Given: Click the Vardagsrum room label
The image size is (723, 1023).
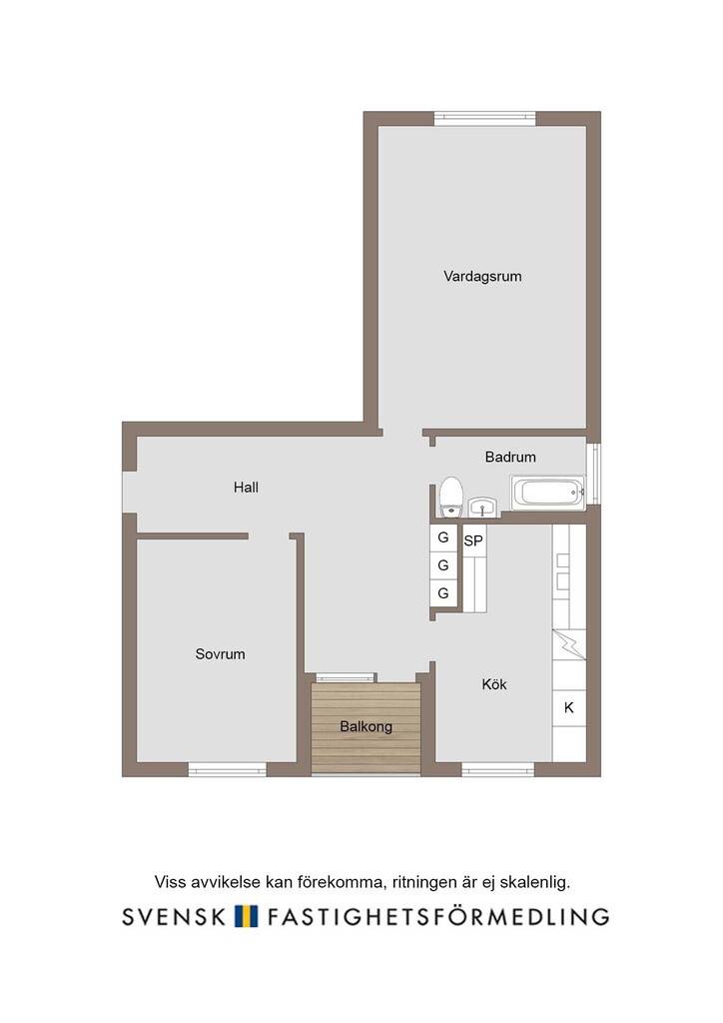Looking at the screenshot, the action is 482,276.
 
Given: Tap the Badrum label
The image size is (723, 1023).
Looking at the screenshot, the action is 510,457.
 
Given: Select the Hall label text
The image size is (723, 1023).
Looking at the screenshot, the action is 246,487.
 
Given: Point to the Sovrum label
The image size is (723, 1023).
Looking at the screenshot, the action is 221,653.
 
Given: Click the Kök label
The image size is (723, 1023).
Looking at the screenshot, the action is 494,683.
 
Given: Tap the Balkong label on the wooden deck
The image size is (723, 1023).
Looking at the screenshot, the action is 365,726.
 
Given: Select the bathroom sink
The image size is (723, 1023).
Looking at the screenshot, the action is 482,507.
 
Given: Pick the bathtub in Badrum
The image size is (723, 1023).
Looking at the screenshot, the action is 547,493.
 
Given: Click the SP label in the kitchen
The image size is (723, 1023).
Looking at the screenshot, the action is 473,540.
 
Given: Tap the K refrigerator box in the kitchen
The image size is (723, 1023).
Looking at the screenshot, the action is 569,707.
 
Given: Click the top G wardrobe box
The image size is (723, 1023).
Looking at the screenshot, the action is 443,537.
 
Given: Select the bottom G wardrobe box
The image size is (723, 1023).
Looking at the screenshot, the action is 443,593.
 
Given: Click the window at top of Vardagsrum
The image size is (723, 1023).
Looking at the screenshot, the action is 485,119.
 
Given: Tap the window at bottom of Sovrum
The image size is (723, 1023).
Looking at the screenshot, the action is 228,770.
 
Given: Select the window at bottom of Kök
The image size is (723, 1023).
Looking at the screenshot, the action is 498,770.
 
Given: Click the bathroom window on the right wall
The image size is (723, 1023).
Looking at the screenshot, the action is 593,475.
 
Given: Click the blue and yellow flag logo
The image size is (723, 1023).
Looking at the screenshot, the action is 247,916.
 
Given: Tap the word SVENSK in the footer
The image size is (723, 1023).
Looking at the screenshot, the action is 174,917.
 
